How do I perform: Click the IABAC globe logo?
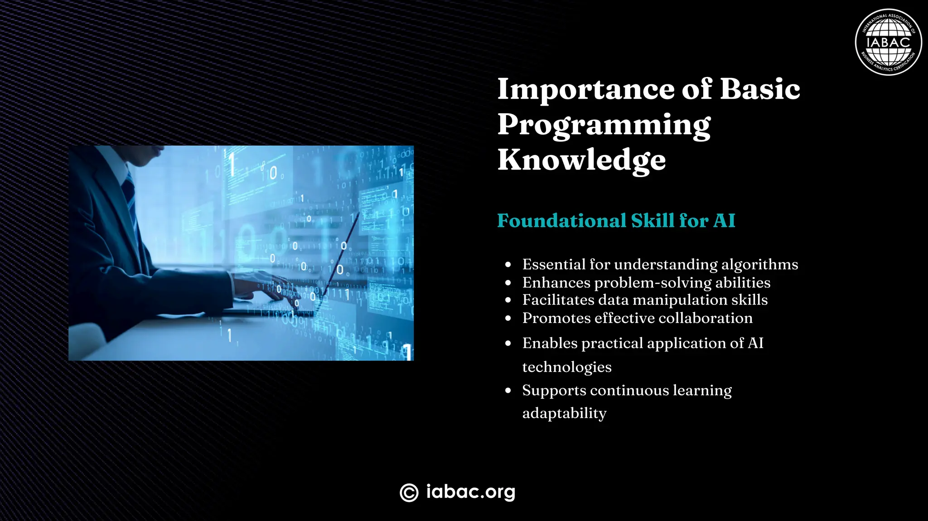888,42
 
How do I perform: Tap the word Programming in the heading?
604,125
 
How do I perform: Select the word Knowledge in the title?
581,160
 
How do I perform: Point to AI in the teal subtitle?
724,221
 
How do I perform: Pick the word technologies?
566,367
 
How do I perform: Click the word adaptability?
564,413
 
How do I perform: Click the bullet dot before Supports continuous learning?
508,391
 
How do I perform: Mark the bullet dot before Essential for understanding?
508,265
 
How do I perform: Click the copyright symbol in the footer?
409,492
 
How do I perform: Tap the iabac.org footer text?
470,492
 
